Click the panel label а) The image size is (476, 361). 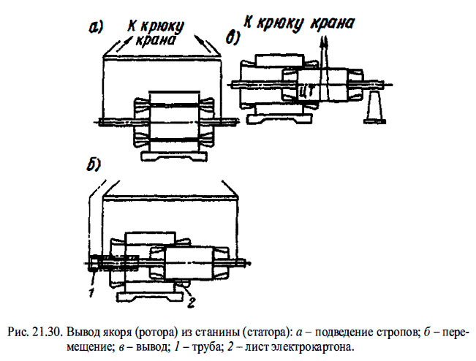tap(95, 28)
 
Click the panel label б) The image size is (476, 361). tap(93, 164)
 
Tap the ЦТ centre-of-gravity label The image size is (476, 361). tap(308, 90)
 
